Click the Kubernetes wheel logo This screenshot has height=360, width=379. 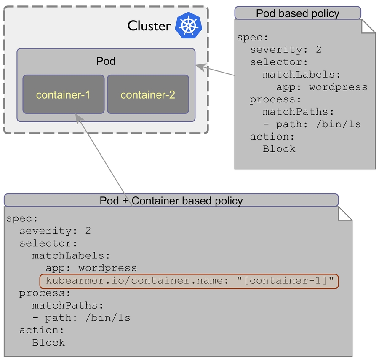click(x=189, y=26)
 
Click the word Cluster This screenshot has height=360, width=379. click(x=149, y=26)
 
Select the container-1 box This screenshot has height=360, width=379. click(x=63, y=94)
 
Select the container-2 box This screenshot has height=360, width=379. click(x=148, y=94)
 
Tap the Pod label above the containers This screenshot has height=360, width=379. click(x=106, y=61)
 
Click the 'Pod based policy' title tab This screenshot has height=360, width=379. click(x=297, y=13)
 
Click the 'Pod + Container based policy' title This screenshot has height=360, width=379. click(x=171, y=201)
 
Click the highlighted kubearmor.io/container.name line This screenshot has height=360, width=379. click(x=189, y=281)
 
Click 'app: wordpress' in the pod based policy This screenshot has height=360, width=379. click(x=322, y=87)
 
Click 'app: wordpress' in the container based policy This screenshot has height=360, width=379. click(x=91, y=268)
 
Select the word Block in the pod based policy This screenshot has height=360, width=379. click(x=279, y=149)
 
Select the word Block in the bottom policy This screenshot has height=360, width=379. click(x=48, y=343)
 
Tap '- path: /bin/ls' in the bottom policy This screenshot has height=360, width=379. click(x=81, y=318)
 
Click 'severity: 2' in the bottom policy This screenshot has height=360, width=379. click(x=55, y=231)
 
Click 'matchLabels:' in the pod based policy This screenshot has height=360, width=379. click(x=301, y=75)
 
